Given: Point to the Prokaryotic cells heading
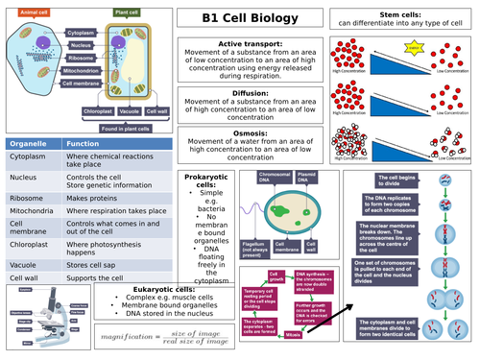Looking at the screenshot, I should pos(204,181).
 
